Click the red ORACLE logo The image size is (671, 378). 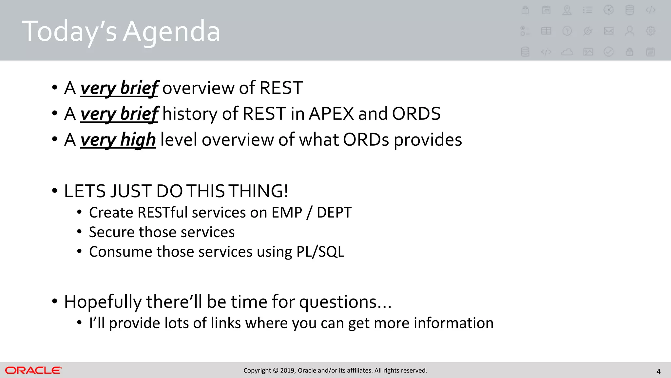33,370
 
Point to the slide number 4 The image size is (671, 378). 658,372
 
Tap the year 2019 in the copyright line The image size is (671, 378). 287,370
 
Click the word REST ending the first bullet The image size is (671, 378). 281,88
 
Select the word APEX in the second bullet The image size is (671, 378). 331,114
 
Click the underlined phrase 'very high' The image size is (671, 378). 118,140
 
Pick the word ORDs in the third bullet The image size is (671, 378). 366,140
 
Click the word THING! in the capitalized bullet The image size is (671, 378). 258,191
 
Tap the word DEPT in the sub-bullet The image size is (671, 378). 334,213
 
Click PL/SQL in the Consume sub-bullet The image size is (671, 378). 320,252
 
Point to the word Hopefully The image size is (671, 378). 103,302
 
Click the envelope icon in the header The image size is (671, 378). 609,31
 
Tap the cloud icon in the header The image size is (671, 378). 567,52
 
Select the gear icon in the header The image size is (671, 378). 650,31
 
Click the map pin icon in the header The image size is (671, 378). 567,10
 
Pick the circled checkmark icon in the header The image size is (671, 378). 608,52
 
